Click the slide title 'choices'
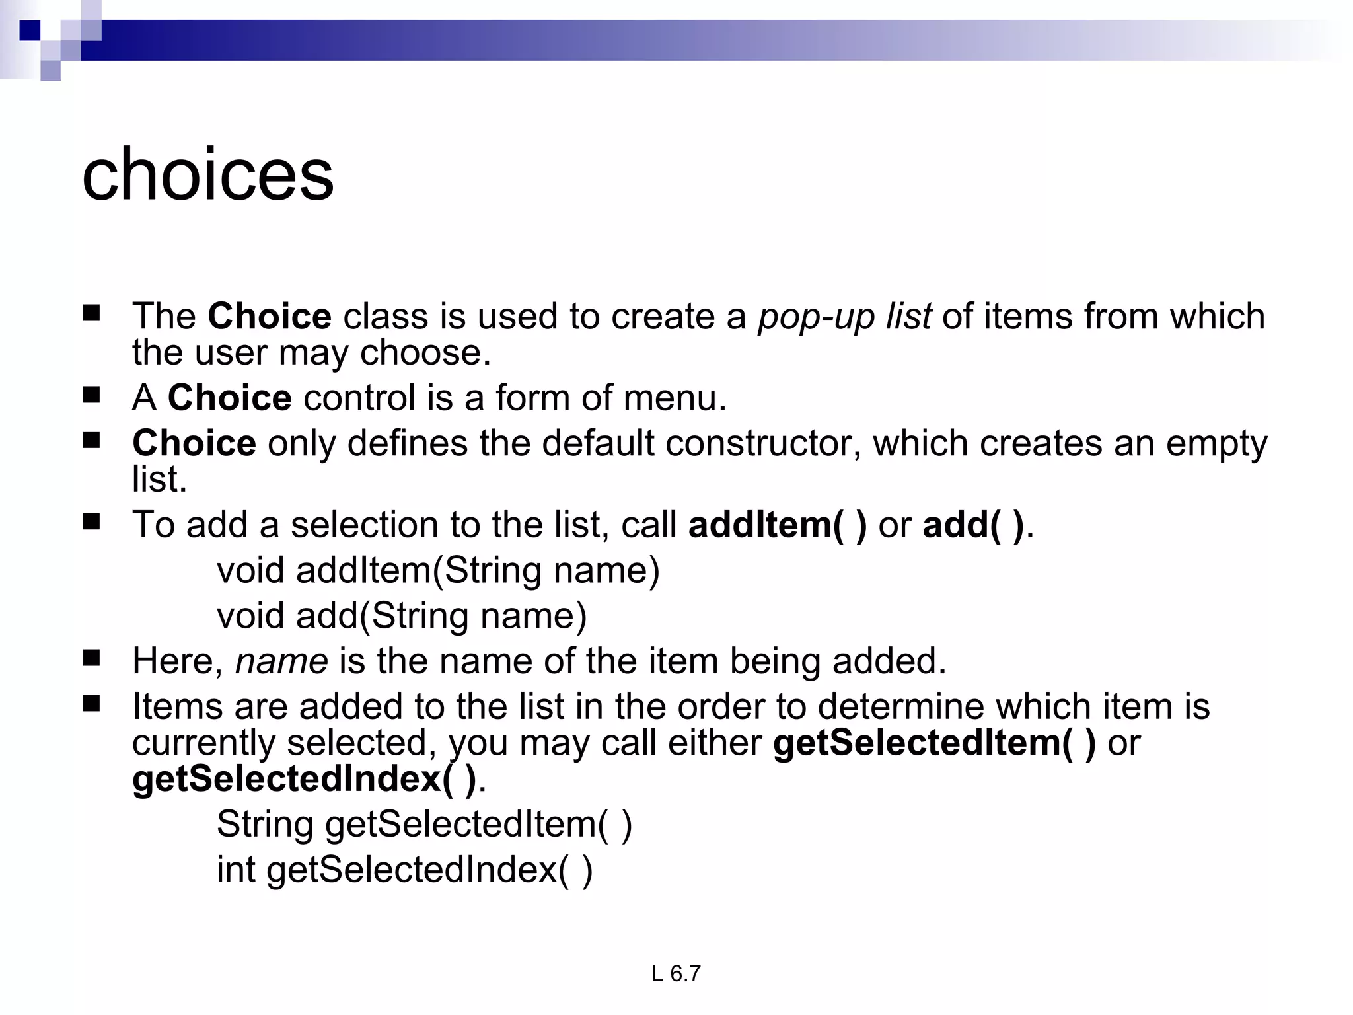pos(208,175)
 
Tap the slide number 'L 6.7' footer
pos(675,974)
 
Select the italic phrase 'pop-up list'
pos(845,317)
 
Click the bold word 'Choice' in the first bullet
pos(270,317)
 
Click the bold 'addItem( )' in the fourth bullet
pos(777,525)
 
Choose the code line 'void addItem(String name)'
pos(438,570)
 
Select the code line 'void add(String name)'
pos(402,616)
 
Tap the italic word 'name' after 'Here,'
pos(281,661)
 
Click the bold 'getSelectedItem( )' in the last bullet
pos(934,743)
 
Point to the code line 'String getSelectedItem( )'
pos(424,825)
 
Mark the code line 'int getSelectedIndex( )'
pos(404,870)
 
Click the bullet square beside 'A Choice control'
pos(92,395)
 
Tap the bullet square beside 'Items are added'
pos(92,704)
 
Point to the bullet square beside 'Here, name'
pos(92,658)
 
